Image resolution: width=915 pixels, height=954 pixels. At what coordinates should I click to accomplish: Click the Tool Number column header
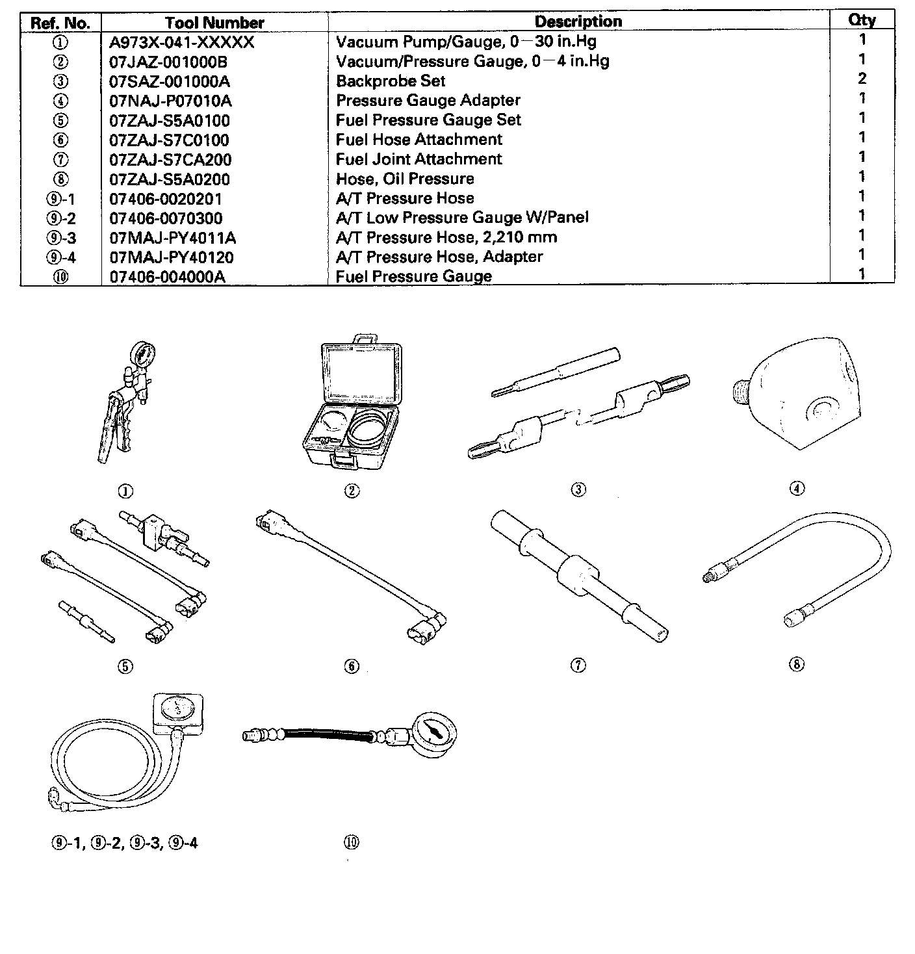[214, 23]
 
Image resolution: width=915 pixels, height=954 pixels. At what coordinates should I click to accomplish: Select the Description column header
[578, 21]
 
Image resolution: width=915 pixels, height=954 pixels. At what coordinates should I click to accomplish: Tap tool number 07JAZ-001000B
[168, 62]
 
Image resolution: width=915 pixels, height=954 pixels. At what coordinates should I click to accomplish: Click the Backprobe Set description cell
[391, 81]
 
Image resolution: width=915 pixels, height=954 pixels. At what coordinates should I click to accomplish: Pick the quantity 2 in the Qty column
[862, 79]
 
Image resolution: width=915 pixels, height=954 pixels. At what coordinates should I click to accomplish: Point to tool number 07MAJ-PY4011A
[172, 238]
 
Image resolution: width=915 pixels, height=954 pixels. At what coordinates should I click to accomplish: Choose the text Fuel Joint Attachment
[419, 159]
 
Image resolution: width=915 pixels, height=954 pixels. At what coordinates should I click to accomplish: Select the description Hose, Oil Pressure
[405, 179]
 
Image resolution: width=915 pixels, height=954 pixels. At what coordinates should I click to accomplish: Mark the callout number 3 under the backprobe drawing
[578, 489]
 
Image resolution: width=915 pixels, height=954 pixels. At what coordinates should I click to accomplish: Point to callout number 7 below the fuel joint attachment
[578, 665]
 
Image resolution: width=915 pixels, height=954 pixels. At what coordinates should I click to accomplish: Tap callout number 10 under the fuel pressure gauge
[351, 842]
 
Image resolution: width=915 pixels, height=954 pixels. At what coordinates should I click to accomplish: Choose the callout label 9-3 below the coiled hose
[146, 843]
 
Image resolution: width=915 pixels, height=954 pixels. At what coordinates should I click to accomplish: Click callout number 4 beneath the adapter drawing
[797, 489]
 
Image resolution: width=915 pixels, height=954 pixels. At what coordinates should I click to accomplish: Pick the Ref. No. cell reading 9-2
[61, 218]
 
